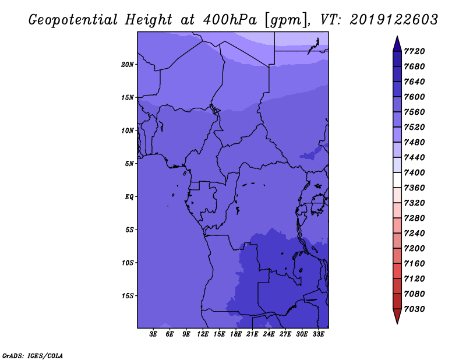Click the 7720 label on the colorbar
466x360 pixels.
pos(414,51)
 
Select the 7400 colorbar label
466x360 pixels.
pos(414,172)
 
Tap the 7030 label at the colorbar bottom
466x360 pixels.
pos(414,309)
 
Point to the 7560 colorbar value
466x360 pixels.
pos(414,112)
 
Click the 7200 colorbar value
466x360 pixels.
pos(414,249)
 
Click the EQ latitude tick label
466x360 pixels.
pos(129,197)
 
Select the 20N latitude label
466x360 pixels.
pos(128,65)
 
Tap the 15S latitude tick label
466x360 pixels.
pos(128,296)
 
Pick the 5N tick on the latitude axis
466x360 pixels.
pos(129,164)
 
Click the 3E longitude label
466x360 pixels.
pos(153,334)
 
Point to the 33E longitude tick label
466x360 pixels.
pos(318,334)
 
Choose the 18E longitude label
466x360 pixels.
pos(236,334)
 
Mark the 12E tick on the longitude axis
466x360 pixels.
pos(203,334)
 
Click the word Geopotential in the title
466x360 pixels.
pos(73,20)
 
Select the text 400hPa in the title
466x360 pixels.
pos(230,20)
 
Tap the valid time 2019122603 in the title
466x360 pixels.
pos(394,20)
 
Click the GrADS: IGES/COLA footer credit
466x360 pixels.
pos(33,356)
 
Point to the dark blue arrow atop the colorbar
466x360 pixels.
pos(397,44)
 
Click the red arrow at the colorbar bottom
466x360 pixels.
pos(397,316)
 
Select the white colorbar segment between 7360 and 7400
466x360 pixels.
pos(397,180)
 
